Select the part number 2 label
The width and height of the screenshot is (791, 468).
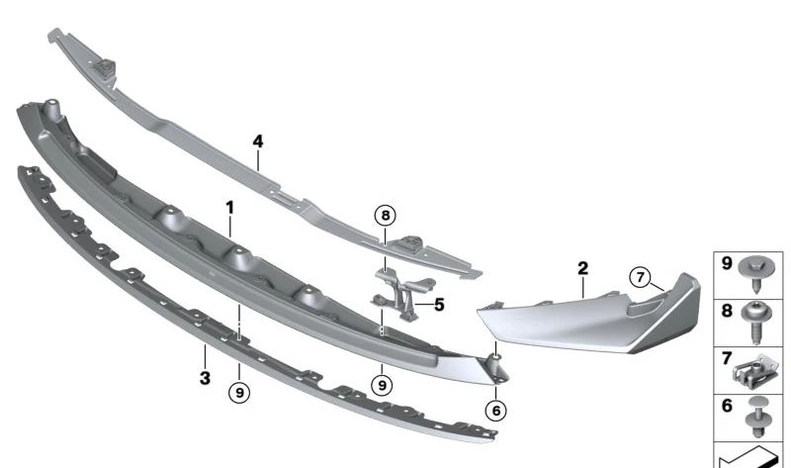tap(582, 267)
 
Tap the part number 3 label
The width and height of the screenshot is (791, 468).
tap(204, 378)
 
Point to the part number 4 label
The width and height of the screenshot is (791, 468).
tap(258, 141)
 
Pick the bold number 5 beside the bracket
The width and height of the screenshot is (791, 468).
tap(439, 305)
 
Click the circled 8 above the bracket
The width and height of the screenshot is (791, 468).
tap(385, 214)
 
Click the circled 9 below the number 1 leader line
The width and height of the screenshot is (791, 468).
tap(238, 392)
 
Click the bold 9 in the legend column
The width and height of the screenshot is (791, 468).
tap(726, 265)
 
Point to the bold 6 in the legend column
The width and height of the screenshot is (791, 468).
tap(726, 407)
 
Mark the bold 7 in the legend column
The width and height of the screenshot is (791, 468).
tap(726, 358)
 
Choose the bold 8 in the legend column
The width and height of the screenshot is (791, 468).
tap(726, 311)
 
